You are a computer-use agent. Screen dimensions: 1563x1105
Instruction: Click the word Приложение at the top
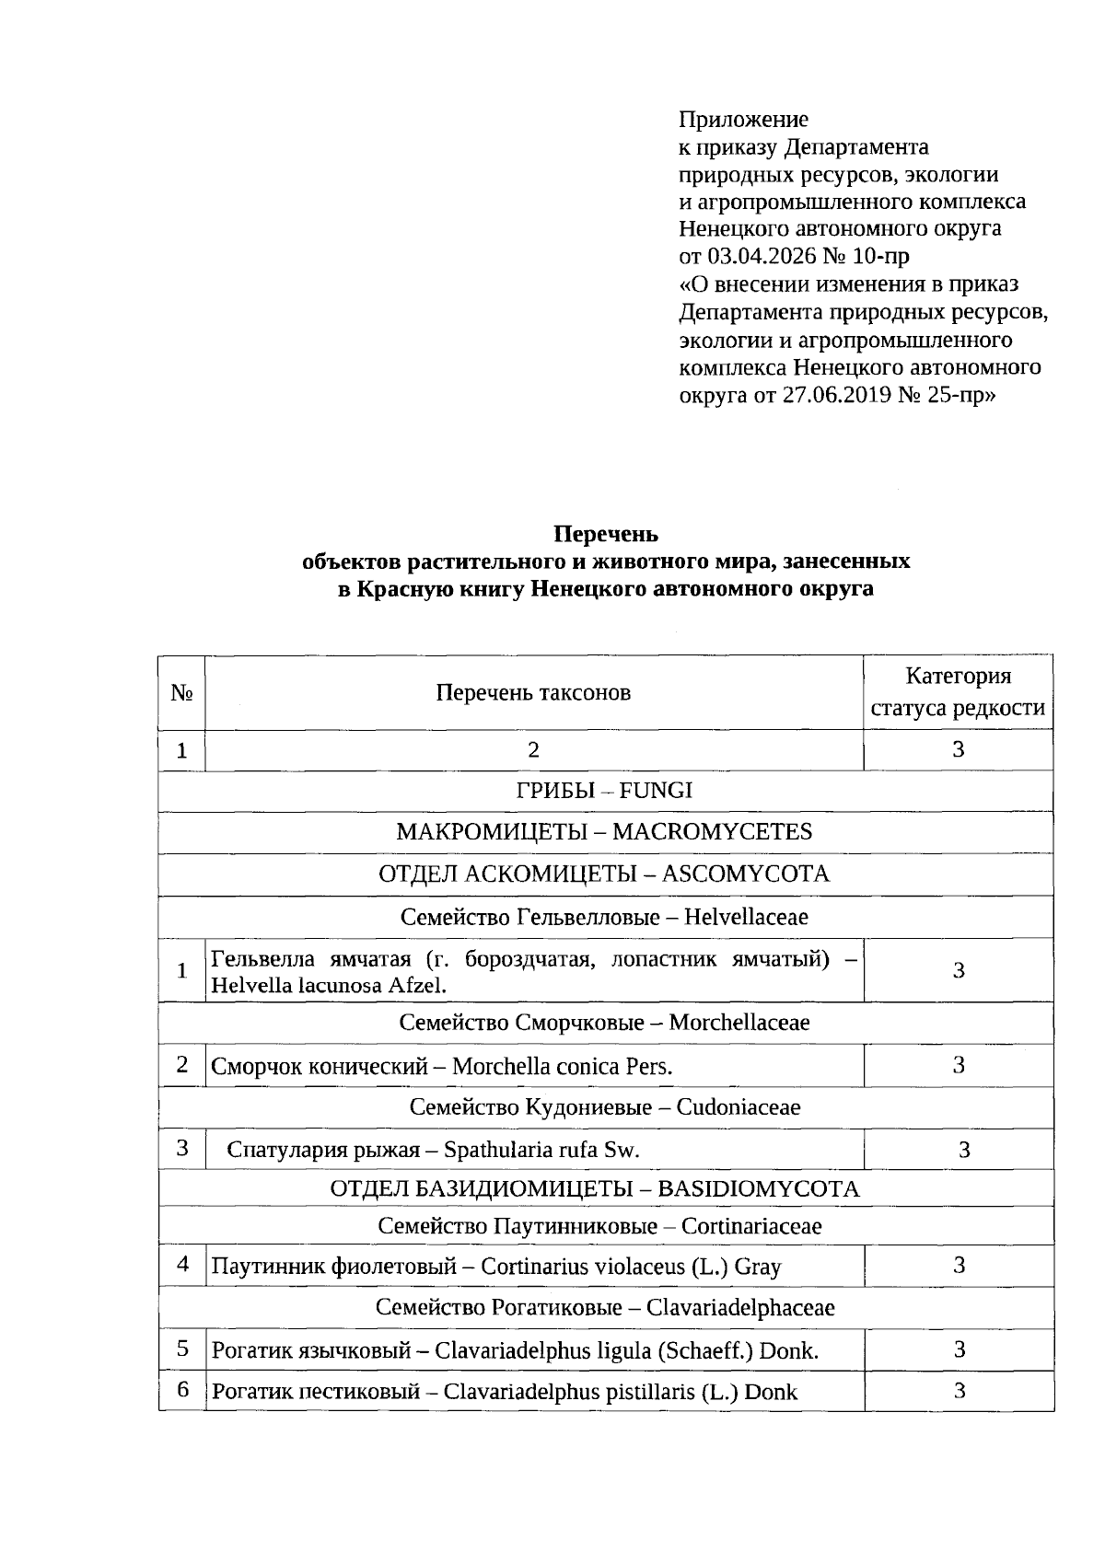(743, 119)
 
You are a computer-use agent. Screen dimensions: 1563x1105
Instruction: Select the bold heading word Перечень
(605, 534)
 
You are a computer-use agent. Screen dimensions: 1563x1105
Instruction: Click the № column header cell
(181, 693)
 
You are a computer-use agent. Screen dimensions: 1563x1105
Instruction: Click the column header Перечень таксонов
(533, 692)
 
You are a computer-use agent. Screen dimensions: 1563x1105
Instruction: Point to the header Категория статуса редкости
(958, 692)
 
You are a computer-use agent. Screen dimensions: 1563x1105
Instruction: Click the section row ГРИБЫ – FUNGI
(604, 790)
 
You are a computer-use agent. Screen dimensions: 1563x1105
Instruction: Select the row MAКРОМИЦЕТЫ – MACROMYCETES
(604, 831)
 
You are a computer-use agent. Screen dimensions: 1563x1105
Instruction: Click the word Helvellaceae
(746, 917)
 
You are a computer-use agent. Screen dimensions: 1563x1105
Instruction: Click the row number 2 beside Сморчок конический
(182, 1064)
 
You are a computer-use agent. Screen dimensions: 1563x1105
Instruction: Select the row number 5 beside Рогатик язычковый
(182, 1349)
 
